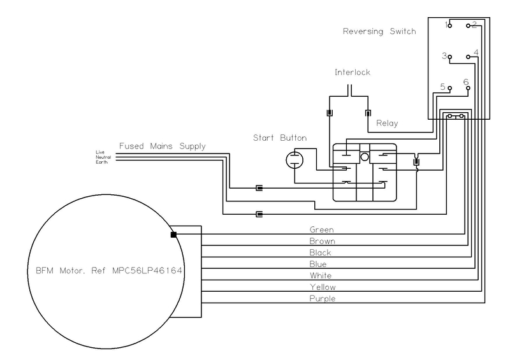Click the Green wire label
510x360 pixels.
(321, 229)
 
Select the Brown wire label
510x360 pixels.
(322, 241)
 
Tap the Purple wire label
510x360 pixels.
(323, 299)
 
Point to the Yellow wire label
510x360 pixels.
(323, 287)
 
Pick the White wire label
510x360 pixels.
(321, 275)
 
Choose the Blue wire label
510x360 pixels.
(317, 264)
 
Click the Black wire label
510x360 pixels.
(320, 252)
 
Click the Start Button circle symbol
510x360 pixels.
(295, 160)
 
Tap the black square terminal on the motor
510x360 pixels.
(173, 234)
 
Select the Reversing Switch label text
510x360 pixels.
(379, 32)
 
